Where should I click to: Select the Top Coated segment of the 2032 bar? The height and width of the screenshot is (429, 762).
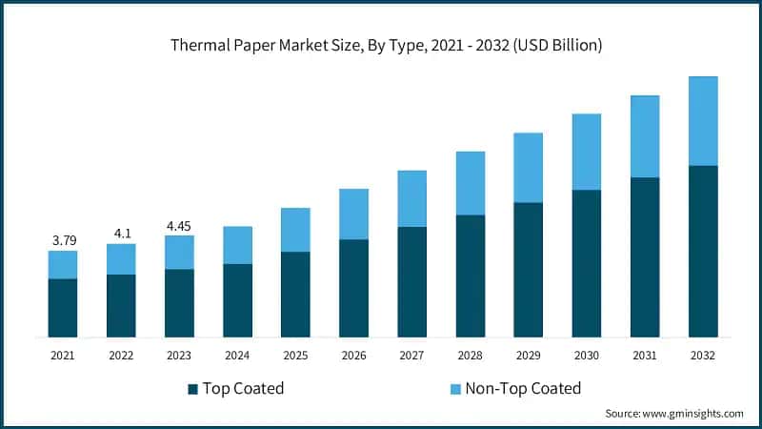coord(702,251)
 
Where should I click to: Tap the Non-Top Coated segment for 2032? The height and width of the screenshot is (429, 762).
coord(702,121)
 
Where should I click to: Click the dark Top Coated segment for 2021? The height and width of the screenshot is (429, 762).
coord(63,307)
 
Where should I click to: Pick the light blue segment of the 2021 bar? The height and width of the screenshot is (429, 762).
coord(63,265)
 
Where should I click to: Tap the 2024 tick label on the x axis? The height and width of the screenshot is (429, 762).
coord(237,355)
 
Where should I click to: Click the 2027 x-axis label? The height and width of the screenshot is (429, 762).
coord(411,355)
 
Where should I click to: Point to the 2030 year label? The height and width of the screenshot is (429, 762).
coord(586,355)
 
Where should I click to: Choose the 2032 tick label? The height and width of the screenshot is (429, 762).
coord(702,355)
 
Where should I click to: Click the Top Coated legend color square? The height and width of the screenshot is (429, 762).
coord(193,389)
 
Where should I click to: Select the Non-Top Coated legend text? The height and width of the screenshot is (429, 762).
coord(525,388)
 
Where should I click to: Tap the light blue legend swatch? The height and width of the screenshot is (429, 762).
coord(456,389)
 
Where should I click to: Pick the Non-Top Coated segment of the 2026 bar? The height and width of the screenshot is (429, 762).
coord(353,214)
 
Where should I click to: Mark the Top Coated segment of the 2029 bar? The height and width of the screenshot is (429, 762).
coord(528,269)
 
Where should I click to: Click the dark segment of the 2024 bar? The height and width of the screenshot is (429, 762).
coord(237,299)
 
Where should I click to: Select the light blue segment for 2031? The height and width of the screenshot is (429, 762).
coord(644,136)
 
